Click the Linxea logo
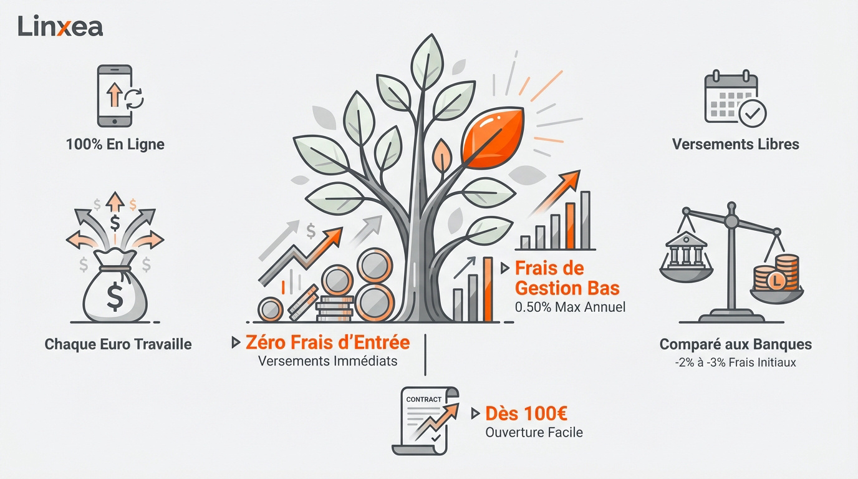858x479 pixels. (x=60, y=26)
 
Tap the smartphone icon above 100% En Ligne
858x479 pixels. (x=115, y=96)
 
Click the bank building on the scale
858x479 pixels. (x=687, y=249)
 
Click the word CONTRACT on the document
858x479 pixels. (x=423, y=399)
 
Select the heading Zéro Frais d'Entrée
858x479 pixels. (x=327, y=342)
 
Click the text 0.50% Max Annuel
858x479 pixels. (x=570, y=307)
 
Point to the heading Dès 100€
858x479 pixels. (x=526, y=414)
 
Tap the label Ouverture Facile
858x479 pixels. (x=534, y=432)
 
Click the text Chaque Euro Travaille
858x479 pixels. (x=118, y=344)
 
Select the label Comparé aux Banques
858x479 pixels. (x=735, y=344)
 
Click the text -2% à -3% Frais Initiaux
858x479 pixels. (x=735, y=362)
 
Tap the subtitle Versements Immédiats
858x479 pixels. (x=327, y=361)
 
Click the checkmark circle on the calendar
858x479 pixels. (x=752, y=114)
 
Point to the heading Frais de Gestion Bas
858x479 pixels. (x=567, y=278)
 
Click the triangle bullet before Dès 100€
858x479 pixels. (x=475, y=414)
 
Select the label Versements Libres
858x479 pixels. (x=735, y=144)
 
